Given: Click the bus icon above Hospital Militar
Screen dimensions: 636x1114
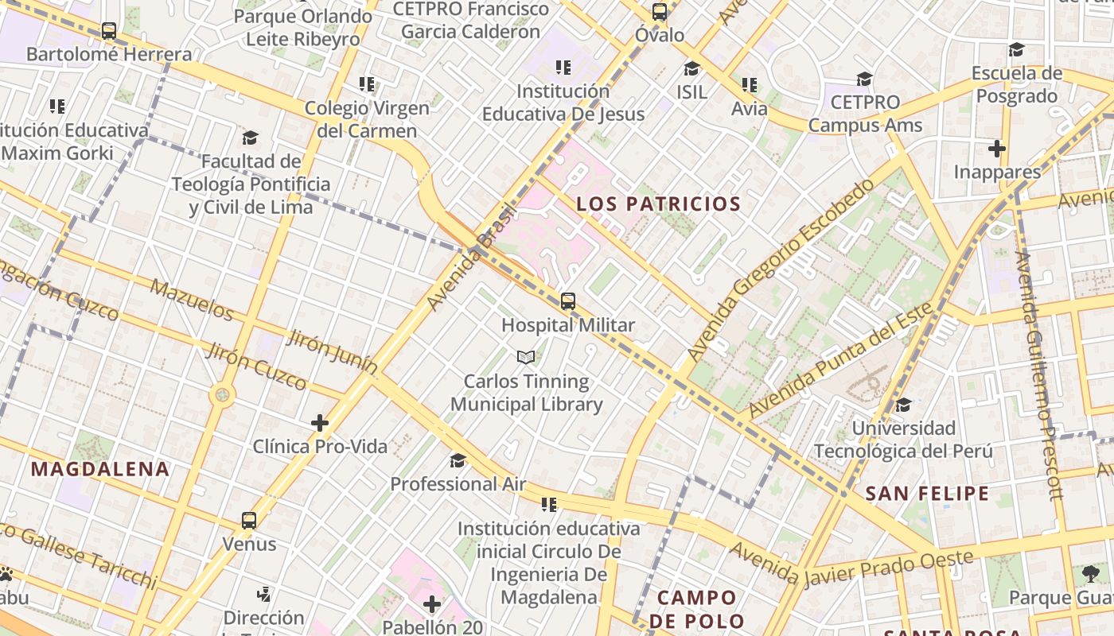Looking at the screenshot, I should (x=567, y=301).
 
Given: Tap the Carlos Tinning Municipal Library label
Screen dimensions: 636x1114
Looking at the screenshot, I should (x=527, y=393).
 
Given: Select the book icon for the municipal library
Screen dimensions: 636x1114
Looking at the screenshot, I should (x=525, y=358).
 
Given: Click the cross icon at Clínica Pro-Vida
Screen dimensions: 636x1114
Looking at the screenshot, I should (x=320, y=423).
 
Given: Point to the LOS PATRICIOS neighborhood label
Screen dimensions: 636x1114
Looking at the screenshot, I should (x=658, y=204).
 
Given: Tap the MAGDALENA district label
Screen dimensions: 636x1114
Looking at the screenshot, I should (x=100, y=469).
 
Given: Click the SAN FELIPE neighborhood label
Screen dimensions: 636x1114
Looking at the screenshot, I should (x=927, y=494).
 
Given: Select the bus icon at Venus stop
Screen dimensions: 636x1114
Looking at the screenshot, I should (x=249, y=521).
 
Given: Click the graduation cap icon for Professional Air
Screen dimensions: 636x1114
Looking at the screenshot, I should (x=458, y=461).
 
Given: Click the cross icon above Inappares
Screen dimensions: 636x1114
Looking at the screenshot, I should (x=996, y=149).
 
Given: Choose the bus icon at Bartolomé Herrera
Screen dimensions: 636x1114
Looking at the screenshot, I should (x=109, y=31).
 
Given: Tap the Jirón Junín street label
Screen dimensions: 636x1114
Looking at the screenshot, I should (x=332, y=351).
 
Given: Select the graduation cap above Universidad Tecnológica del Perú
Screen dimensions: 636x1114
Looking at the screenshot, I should (x=903, y=405).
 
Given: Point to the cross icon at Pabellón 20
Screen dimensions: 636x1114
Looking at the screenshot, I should (x=432, y=605).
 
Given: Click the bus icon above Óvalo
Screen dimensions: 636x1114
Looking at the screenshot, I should (x=660, y=12).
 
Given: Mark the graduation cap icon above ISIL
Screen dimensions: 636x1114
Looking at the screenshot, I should (x=691, y=68).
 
